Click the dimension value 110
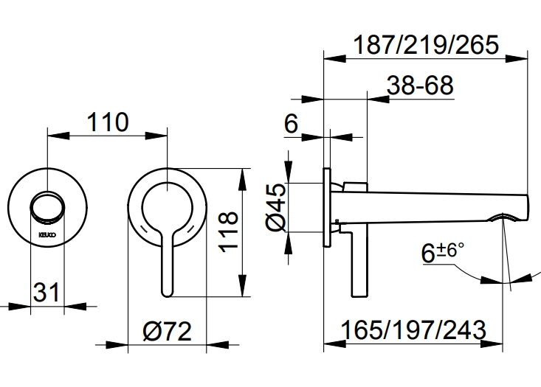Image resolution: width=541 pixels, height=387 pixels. [x=108, y=122]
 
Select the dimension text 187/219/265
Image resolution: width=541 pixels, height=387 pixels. [x=427, y=43]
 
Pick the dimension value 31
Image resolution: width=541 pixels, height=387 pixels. [x=46, y=293]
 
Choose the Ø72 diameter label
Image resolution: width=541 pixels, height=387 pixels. [x=167, y=332]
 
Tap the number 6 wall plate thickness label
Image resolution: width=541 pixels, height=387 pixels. [x=291, y=125]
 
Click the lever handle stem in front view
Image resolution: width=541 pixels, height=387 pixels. [x=167, y=265]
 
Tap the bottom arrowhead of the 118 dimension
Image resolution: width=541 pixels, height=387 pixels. [x=242, y=292]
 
